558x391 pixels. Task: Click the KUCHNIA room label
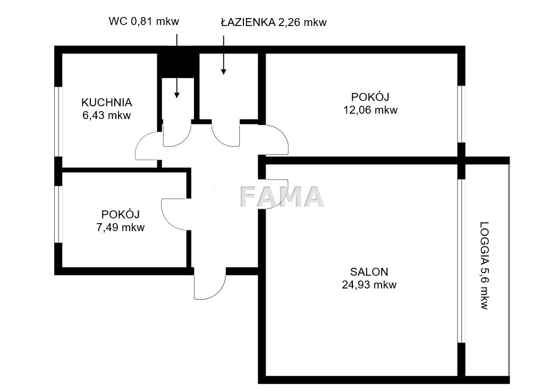point(107,103)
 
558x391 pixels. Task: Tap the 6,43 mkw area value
point(107,115)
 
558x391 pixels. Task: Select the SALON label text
point(369,272)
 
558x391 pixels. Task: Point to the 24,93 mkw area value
point(369,285)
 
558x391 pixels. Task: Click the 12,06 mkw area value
point(370,109)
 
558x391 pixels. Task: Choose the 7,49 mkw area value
point(121,227)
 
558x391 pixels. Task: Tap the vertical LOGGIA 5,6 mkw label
point(484,266)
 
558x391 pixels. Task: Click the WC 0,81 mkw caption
point(144,21)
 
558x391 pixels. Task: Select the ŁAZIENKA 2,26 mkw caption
point(274,22)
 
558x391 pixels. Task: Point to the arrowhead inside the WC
point(176,95)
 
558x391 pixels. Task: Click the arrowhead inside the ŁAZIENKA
point(224,72)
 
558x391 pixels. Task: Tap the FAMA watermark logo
point(282,197)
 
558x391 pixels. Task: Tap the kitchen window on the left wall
point(58,121)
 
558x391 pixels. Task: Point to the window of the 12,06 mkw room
point(461,114)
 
